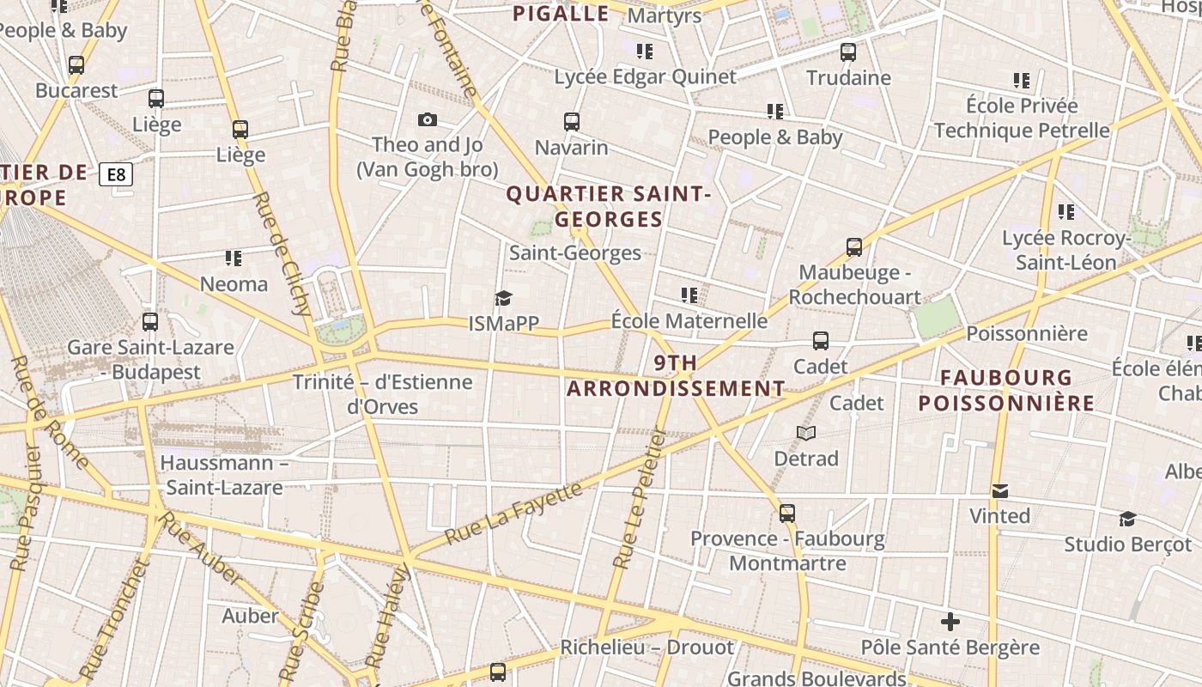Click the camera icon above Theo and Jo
[x=427, y=119]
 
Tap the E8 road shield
[x=116, y=175]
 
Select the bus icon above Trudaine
[x=848, y=52]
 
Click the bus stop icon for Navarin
[x=572, y=122]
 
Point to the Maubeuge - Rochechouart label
[x=854, y=285]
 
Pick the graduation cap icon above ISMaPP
[x=503, y=298]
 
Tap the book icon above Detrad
[x=805, y=433]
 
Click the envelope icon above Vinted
[x=999, y=491]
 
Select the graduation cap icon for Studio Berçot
[x=1127, y=519]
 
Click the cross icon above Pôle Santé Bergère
[x=950, y=622]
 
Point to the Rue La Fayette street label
[x=513, y=514]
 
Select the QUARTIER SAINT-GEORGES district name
[x=609, y=207]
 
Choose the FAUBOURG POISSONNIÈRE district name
[x=1006, y=390]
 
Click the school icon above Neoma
[x=233, y=258]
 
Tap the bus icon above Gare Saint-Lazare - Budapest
[x=150, y=322]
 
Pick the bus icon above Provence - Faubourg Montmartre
[x=787, y=514]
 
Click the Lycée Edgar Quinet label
[x=645, y=76]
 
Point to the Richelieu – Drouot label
[x=647, y=647]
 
